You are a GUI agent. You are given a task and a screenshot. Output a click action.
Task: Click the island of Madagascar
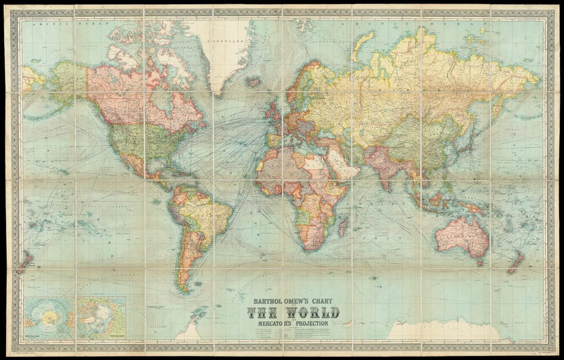[x=343, y=227]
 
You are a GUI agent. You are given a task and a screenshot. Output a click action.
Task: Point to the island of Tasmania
[x=479, y=262]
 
